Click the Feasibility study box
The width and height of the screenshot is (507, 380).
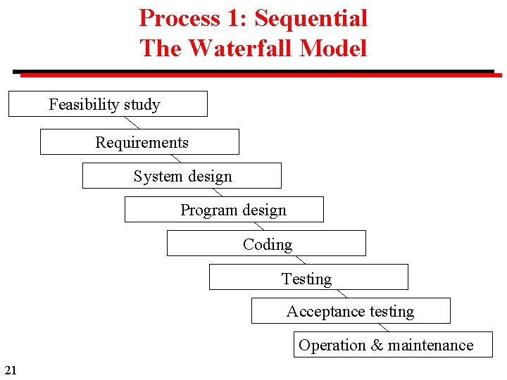108,104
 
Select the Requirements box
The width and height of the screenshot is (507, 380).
139,142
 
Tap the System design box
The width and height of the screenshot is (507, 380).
182,176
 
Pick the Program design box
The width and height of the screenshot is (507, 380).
224,210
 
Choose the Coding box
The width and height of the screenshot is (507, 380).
266,243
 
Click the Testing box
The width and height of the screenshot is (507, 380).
308,277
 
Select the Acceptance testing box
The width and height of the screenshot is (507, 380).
351,311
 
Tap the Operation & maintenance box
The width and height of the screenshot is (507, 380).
393,345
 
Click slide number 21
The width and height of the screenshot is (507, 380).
10,369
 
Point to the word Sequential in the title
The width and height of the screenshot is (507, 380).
311,18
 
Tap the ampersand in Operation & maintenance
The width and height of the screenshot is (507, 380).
377,346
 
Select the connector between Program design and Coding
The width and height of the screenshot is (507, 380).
257,226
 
